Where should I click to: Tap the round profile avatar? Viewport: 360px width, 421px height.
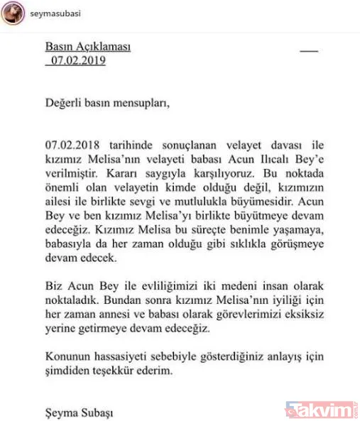coord(13,13)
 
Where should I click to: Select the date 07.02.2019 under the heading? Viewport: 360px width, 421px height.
coord(77,60)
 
